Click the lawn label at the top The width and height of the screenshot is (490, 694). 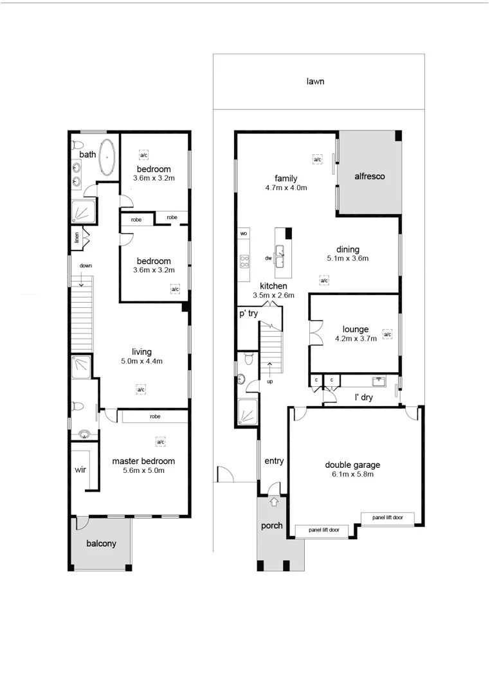pos(315,82)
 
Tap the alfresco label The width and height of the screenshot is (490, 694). pos(370,176)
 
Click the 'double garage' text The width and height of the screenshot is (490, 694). pos(352,465)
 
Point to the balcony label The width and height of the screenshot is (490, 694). pos(102,544)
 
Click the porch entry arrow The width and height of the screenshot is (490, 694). pos(275,501)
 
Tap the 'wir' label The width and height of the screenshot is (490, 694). pos(80,470)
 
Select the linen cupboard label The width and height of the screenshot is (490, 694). pos(77,237)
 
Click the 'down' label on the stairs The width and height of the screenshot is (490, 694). pos(86,265)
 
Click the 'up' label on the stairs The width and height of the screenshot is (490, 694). pos(269,382)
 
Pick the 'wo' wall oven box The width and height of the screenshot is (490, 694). pos(244,233)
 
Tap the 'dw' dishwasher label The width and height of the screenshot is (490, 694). pos(268,258)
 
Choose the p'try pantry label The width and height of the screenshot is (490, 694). pos(248,314)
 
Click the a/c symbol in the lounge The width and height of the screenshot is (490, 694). pos(387,334)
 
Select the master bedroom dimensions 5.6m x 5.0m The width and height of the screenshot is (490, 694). pos(143,470)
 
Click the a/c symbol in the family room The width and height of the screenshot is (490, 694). pos(316,158)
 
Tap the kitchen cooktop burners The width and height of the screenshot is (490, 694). pos(244,260)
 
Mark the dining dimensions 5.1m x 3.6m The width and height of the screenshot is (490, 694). pos(347,259)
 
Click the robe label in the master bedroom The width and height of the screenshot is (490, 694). pos(155,416)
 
